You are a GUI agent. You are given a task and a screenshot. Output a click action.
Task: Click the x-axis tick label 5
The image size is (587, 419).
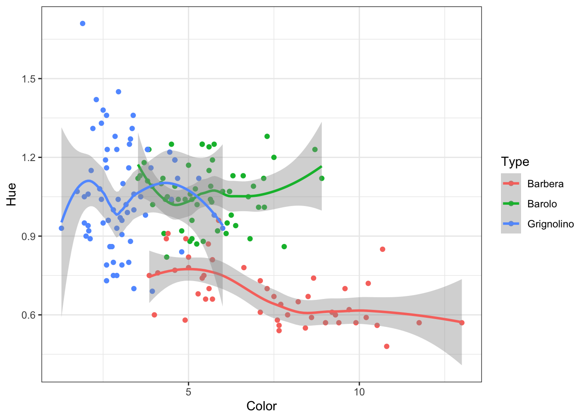coord(188,392)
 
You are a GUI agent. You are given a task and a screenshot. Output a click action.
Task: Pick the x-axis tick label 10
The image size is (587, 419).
coord(359,392)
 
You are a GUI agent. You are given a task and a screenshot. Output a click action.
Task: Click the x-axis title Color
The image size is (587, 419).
coord(261,406)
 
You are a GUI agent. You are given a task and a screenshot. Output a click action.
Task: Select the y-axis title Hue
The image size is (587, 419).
coord(11,194)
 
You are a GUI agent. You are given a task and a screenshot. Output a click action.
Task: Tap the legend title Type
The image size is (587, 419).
coord(515,161)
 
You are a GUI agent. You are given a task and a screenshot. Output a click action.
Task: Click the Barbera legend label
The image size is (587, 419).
coord(545,184)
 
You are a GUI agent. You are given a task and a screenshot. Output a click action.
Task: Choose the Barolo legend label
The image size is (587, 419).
coord(542,204)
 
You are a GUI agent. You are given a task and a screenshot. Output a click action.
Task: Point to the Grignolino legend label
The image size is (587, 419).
coord(550,224)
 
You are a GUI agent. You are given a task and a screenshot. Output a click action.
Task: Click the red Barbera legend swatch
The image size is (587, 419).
coord(511,184)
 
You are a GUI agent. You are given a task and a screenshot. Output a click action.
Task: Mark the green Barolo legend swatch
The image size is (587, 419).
coord(511,204)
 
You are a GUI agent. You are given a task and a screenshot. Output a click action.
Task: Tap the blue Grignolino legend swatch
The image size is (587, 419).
coord(511,224)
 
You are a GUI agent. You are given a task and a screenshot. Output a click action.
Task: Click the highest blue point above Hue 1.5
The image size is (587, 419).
coord(83,24)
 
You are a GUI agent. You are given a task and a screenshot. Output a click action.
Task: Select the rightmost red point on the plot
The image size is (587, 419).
coord(462,323)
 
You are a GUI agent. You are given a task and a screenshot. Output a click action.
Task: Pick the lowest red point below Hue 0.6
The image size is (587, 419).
coord(387,347)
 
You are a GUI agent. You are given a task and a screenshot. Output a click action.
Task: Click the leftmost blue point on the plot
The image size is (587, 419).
coord(61,228)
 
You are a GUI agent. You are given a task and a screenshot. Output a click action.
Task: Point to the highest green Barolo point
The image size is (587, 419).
coord(267,137)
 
